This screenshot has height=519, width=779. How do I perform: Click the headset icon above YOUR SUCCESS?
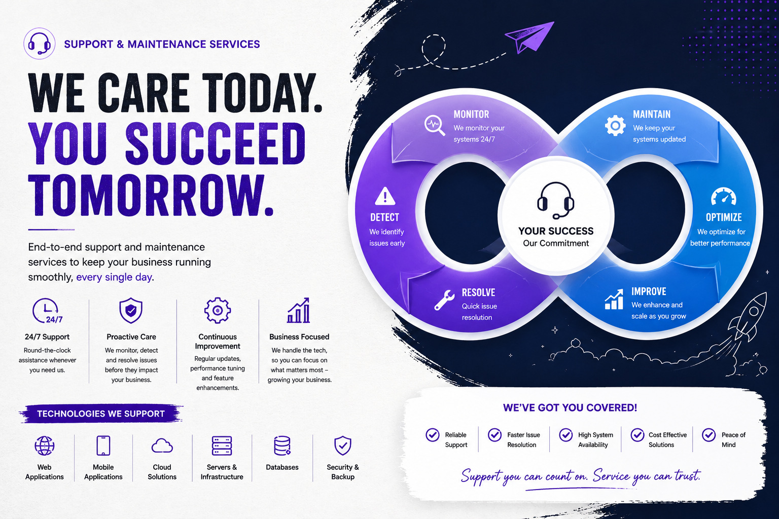click(555, 200)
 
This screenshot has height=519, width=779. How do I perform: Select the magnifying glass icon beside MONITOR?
click(435, 125)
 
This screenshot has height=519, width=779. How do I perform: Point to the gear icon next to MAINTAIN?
click(615, 125)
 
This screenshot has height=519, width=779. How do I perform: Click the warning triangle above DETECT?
click(385, 197)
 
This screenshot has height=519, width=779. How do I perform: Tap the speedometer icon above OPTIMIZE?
click(724, 197)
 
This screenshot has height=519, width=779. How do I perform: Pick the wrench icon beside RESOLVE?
click(444, 300)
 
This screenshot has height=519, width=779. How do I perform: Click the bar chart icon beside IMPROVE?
click(614, 300)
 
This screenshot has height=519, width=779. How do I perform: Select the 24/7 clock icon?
click(47, 310)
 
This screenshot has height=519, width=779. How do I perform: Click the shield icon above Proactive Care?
click(131, 310)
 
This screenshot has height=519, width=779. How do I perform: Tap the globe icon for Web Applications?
click(44, 446)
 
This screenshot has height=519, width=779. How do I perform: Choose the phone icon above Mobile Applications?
click(103, 446)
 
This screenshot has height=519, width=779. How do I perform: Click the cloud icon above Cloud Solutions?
click(162, 446)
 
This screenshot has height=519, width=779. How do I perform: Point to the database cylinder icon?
click(282, 446)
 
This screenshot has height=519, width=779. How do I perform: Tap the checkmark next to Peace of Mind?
click(709, 435)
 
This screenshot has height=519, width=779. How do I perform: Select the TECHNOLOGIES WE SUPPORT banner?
click(101, 414)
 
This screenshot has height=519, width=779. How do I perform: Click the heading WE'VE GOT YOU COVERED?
click(570, 408)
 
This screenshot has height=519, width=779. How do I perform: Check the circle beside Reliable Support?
click(433, 435)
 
